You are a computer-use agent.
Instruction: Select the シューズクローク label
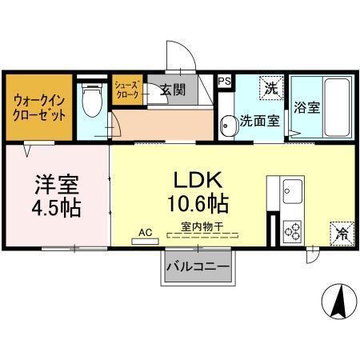[x=127, y=90]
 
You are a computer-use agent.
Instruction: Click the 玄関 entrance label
[x=172, y=90]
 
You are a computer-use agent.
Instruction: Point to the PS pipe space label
[x=225, y=81]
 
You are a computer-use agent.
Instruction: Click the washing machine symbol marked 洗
[x=272, y=88]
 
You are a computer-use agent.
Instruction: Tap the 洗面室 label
[x=260, y=122]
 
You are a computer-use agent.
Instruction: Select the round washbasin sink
[x=228, y=123]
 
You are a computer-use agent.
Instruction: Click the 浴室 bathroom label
[x=306, y=107]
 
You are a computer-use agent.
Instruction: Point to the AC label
[x=146, y=232]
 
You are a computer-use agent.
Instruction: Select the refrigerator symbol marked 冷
[x=341, y=234]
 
